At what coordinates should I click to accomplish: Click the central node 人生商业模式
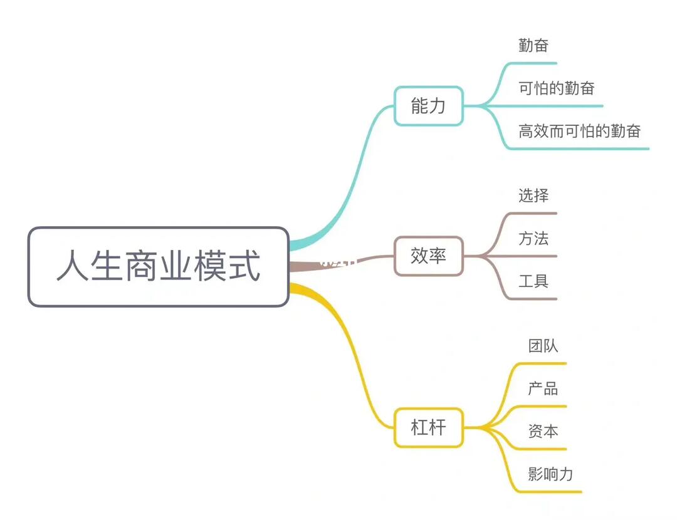click(158, 267)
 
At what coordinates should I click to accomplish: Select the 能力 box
click(428, 106)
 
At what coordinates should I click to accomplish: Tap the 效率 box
click(428, 256)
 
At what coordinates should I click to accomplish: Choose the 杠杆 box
click(428, 428)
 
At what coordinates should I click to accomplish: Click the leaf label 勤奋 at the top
click(533, 45)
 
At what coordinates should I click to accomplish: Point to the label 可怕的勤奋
click(556, 88)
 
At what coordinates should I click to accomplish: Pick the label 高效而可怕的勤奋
click(579, 132)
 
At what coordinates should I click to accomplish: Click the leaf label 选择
click(533, 195)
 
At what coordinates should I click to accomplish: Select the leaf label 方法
click(533, 238)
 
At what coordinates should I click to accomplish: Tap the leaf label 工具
click(533, 281)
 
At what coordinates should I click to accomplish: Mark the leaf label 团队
click(543, 346)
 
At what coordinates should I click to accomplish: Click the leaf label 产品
click(543, 388)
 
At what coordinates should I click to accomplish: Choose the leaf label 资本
click(543, 431)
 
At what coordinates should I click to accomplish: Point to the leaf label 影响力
click(550, 474)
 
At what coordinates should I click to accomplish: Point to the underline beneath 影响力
click(552, 492)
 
